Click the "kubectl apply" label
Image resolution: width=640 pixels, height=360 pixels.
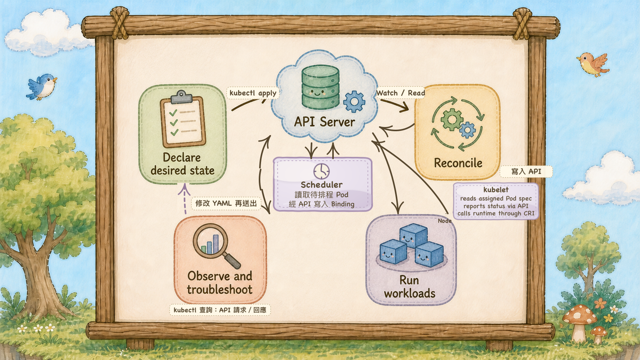[x=253, y=93]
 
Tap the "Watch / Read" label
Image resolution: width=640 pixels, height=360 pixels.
[x=400, y=93]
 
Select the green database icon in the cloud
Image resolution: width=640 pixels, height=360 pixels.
[x=320, y=87]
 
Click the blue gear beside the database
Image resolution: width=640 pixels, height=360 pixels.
[x=354, y=101]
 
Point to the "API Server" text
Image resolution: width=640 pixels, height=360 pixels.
[x=325, y=122]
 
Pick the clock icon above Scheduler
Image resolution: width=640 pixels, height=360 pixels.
[x=322, y=171]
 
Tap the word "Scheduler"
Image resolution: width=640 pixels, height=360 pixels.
[x=322, y=185]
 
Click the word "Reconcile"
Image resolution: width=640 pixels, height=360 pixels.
[x=458, y=163]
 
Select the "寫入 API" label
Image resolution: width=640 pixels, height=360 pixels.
[x=526, y=171]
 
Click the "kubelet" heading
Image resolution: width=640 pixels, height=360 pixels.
[x=496, y=189]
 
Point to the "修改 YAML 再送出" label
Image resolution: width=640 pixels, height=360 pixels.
[x=226, y=203]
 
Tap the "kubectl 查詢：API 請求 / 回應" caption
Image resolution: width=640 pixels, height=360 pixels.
[x=220, y=310]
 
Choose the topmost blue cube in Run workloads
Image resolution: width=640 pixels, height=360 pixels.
[x=413, y=235]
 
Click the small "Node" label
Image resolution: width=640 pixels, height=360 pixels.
[x=444, y=221]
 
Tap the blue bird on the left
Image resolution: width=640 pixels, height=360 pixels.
[x=42, y=87]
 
